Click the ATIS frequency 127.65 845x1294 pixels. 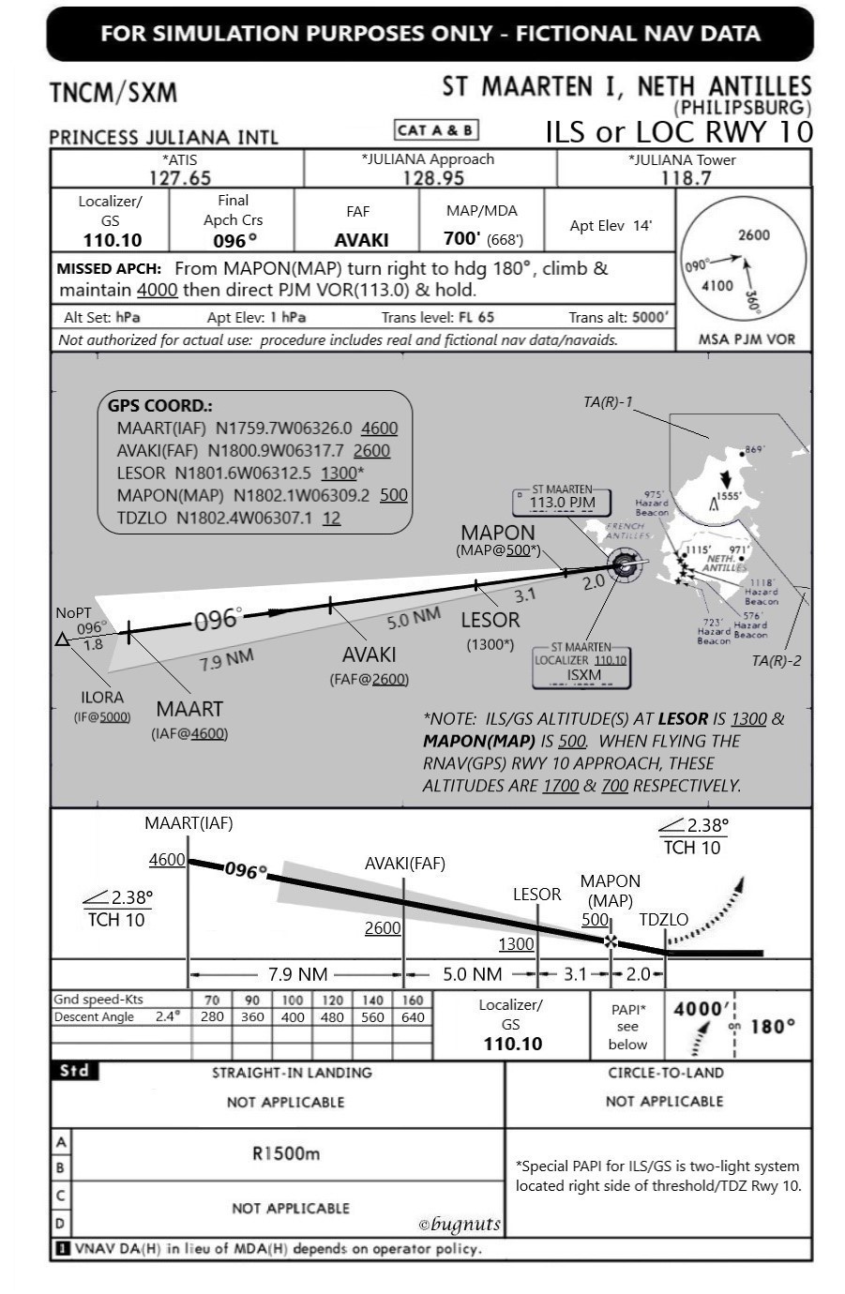point(179,177)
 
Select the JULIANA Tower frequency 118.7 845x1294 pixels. point(685,177)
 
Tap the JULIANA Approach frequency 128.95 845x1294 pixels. point(432,177)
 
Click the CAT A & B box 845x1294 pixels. point(436,130)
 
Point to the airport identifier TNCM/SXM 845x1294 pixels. point(113,93)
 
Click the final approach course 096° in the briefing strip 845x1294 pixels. point(233,240)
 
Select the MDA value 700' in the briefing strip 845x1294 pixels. point(462,238)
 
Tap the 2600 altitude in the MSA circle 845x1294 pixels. point(753,235)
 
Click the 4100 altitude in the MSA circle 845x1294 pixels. point(717,285)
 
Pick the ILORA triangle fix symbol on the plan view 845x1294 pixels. point(62,639)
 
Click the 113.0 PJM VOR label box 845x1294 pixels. point(562,502)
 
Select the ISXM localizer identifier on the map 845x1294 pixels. point(583,674)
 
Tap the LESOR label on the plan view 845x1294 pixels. point(490,620)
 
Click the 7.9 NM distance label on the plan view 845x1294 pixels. point(226,661)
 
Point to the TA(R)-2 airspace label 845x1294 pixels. point(776,660)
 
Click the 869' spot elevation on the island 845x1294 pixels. point(754,450)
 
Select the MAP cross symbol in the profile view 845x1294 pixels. point(611,940)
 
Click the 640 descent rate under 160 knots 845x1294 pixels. point(413,1016)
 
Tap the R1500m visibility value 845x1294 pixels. point(286,1153)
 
